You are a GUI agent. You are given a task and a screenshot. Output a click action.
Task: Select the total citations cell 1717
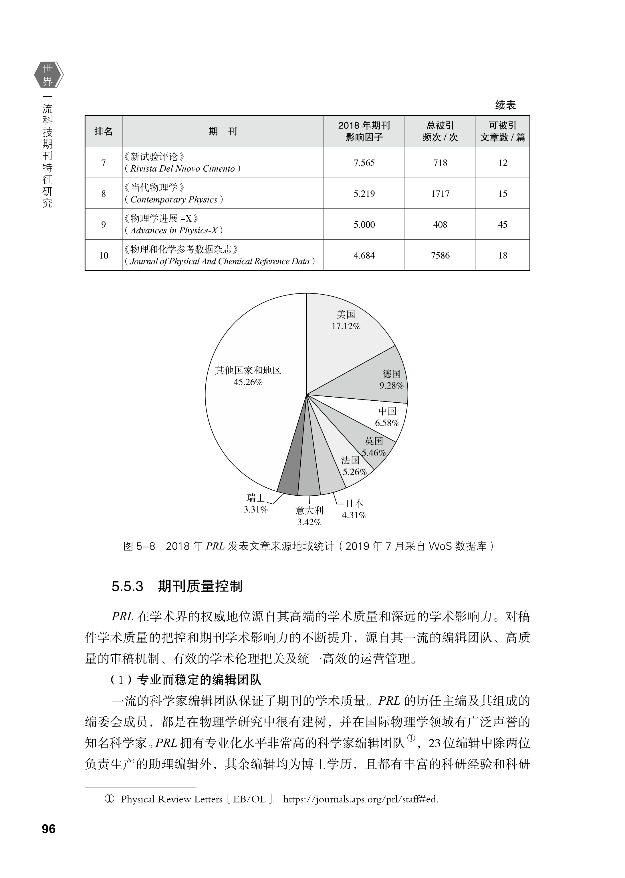(x=440, y=194)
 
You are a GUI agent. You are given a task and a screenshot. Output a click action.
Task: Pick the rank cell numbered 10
(x=104, y=255)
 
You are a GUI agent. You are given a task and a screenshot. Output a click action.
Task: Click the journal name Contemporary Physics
(x=174, y=199)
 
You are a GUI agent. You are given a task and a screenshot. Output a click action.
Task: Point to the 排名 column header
(x=104, y=132)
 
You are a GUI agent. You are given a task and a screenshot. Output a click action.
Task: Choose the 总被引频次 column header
(x=440, y=131)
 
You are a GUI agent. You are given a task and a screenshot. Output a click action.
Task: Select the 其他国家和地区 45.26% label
(x=248, y=376)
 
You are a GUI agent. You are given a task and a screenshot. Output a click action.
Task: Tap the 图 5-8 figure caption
(x=309, y=546)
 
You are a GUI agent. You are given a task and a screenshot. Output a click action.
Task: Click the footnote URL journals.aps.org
(x=361, y=800)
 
